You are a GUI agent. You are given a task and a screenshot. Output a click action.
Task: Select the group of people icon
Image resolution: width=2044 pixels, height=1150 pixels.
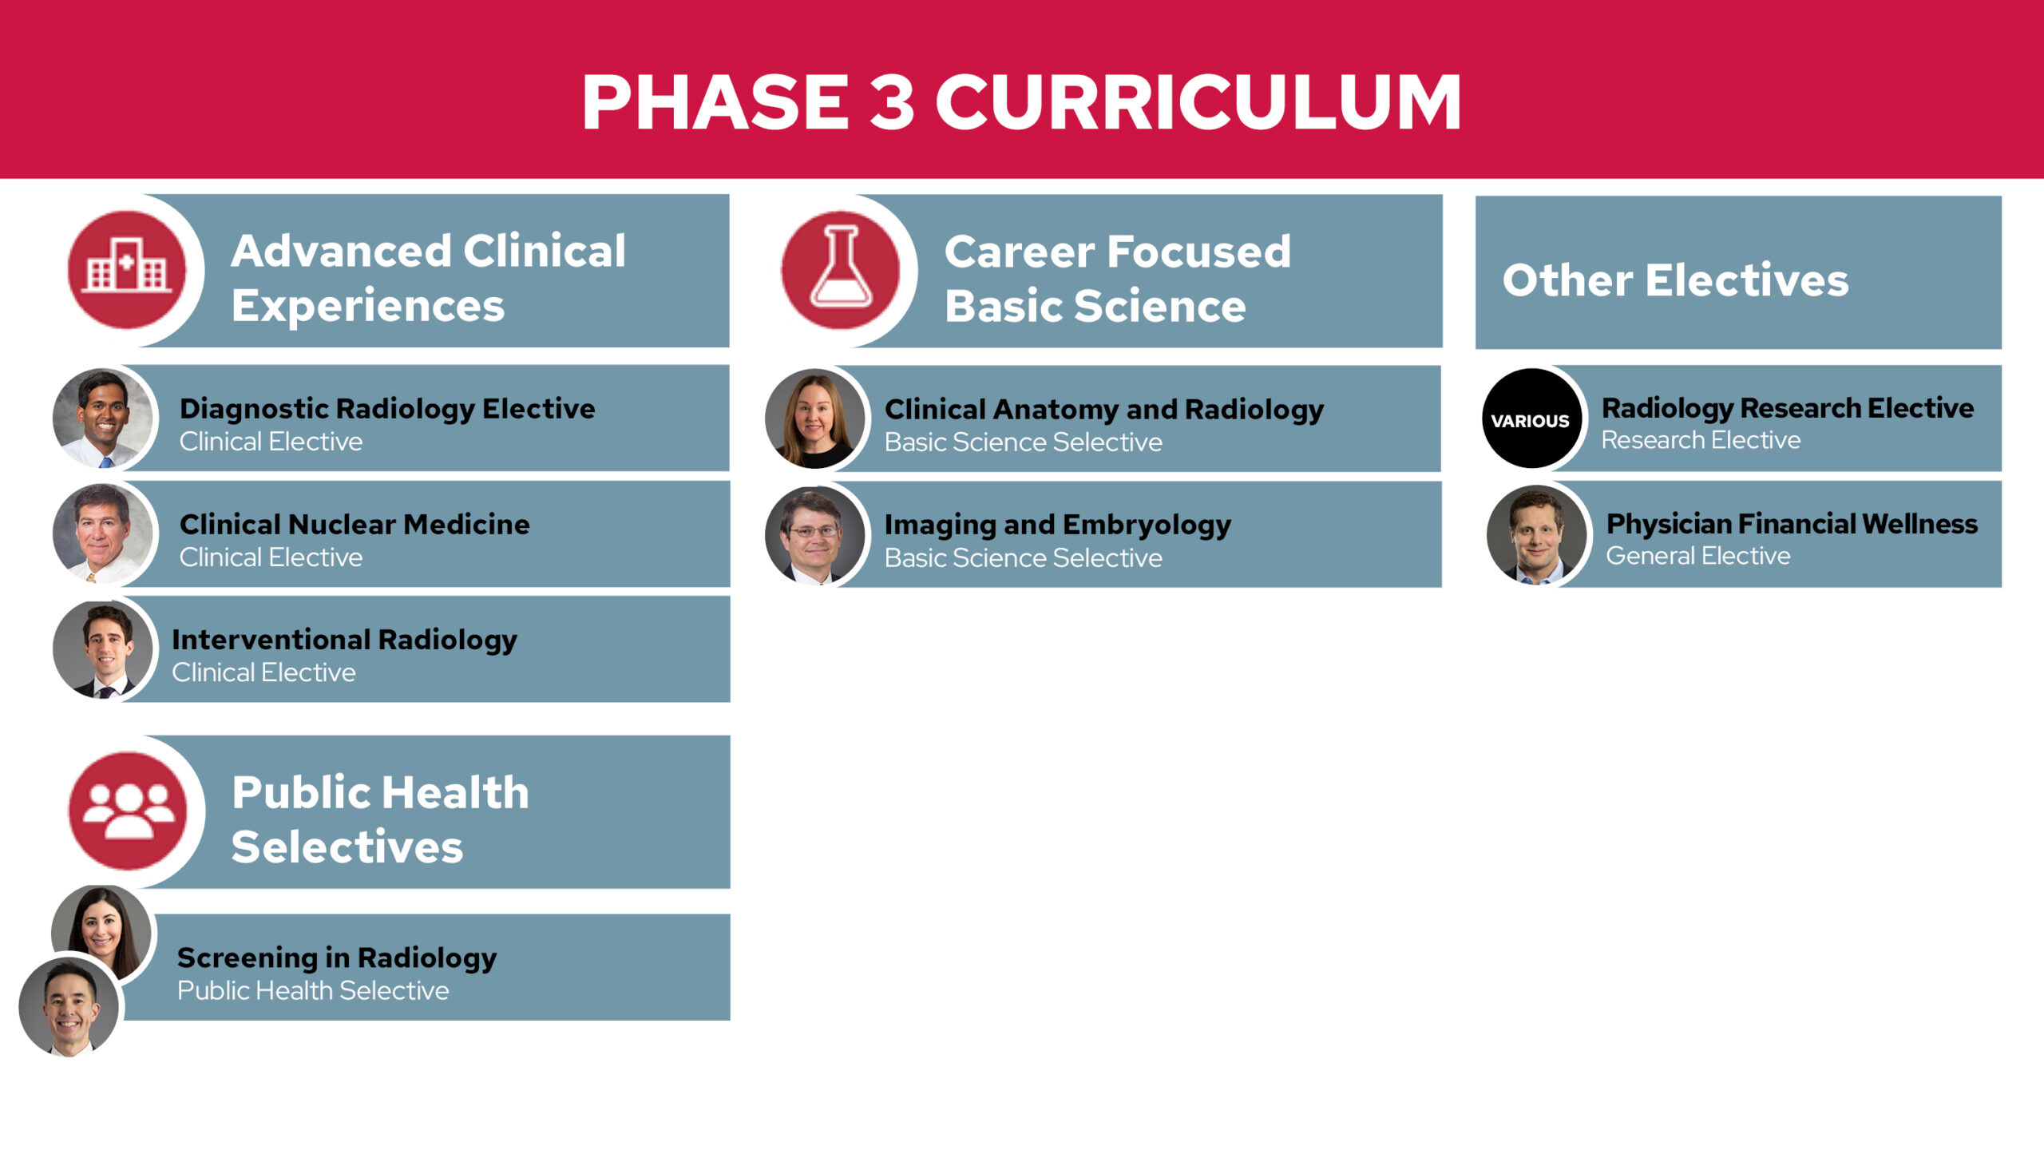pos(128,811)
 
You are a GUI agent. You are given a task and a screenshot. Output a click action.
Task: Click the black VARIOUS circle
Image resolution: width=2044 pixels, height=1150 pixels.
pos(1531,418)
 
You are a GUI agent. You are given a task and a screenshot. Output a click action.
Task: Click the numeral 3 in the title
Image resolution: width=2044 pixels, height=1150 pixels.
pos(892,101)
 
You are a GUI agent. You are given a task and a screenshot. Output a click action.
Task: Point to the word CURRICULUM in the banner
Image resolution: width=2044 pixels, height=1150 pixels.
pos(1198,101)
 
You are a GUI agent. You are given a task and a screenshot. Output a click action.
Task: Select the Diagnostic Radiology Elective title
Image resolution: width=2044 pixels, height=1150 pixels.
pos(387,409)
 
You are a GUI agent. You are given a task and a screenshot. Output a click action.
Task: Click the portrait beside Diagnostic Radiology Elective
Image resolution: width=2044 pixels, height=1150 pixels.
pos(102,418)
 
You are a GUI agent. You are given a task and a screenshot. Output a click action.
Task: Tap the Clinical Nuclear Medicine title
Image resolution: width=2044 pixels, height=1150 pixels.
pos(355,524)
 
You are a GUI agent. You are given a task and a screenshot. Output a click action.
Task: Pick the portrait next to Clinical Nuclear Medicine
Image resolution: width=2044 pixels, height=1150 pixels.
pos(102,533)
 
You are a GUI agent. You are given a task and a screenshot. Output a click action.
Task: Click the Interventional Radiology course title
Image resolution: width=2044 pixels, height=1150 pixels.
pos(344,640)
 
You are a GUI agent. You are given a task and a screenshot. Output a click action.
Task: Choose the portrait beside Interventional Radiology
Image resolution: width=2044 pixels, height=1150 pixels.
pos(102,649)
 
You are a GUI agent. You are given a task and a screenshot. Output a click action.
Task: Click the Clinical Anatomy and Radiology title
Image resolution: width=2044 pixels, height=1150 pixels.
pos(1103,410)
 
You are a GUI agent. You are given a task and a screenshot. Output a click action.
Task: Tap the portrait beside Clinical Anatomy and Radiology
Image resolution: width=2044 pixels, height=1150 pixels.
pos(814,418)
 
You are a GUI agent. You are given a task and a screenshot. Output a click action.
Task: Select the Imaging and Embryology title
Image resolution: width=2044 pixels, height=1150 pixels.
pos(1058,525)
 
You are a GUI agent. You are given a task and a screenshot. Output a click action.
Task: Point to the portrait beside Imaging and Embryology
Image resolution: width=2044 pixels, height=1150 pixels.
pos(814,534)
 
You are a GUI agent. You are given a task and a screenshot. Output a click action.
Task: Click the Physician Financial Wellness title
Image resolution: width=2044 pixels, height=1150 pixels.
pos(1792,524)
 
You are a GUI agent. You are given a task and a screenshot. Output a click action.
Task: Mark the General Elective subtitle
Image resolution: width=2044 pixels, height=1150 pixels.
pos(1698,556)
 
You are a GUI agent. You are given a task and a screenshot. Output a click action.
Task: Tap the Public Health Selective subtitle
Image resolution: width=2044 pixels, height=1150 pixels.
pos(313,990)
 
